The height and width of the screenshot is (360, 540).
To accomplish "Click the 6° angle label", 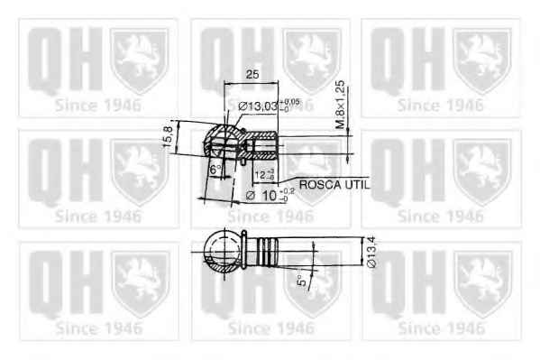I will [x=215, y=170].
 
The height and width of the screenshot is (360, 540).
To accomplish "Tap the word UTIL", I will [x=356, y=183].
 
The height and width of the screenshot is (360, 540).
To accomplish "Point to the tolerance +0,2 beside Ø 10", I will [x=287, y=189].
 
